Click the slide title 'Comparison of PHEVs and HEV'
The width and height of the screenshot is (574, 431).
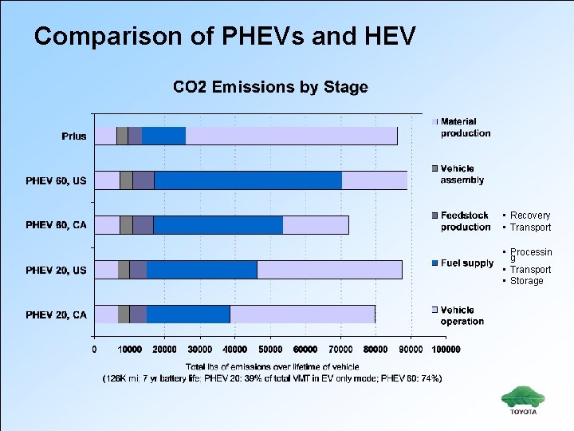tap(225, 36)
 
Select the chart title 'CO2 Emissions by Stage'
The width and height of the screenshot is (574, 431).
tap(270, 87)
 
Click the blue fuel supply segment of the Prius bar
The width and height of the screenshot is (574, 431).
tap(163, 136)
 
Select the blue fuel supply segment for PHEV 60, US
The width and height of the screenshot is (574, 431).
tap(247, 180)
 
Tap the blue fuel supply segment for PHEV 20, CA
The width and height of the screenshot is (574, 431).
tap(188, 314)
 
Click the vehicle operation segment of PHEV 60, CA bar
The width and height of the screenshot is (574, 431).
tap(316, 225)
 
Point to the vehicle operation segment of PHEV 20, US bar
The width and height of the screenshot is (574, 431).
tap(329, 270)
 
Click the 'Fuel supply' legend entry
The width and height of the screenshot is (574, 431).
tap(467, 263)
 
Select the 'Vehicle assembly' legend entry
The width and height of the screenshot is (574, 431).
tap(462, 174)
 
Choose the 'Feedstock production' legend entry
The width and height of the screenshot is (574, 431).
tap(466, 221)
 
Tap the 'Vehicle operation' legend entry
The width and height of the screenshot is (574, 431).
tap(462, 315)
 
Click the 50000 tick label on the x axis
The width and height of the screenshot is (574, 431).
tap(270, 349)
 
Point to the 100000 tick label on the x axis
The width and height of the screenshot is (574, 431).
tap(446, 349)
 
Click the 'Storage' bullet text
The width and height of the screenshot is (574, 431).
tap(526, 281)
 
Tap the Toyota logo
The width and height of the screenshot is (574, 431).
tap(524, 400)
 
